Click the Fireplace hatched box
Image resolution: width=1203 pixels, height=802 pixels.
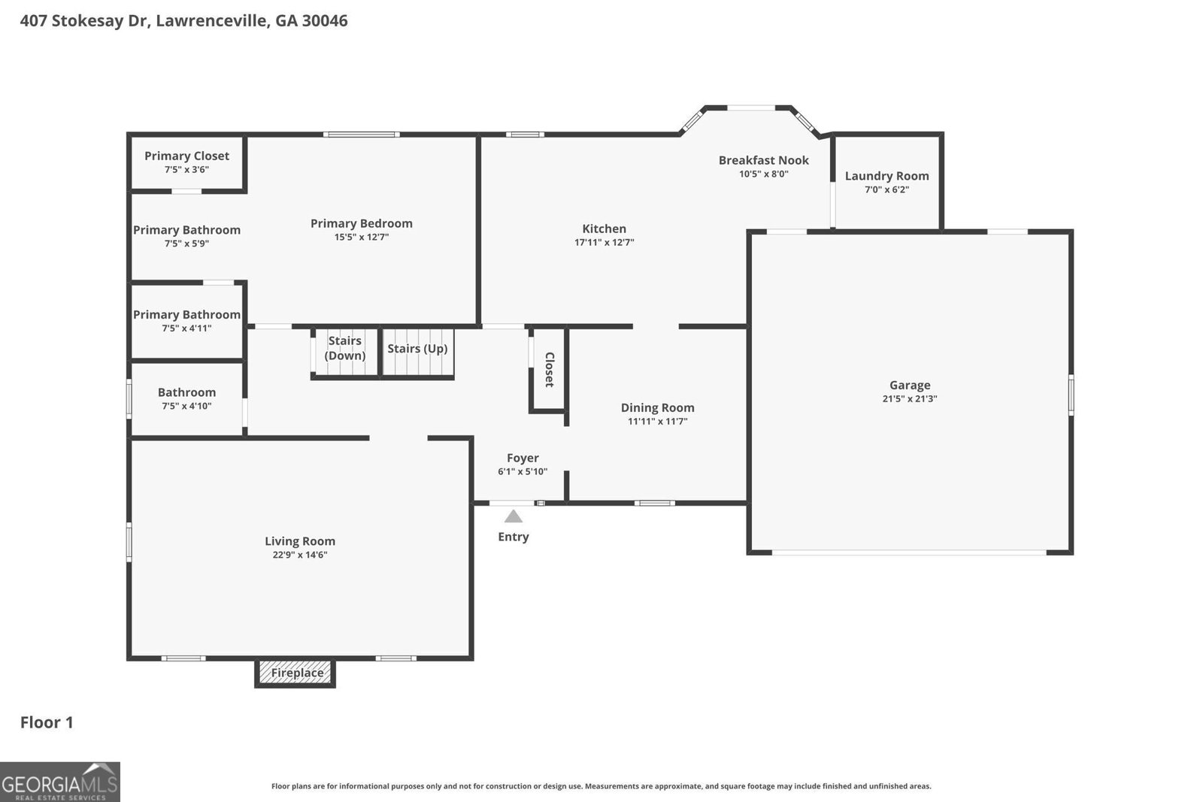[x=295, y=673]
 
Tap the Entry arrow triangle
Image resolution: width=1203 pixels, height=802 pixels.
[x=514, y=516]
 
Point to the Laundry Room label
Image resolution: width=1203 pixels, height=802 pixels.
[x=886, y=176]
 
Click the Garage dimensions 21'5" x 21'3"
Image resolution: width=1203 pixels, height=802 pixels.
[x=909, y=399]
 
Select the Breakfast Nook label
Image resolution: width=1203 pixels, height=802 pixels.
[x=763, y=160]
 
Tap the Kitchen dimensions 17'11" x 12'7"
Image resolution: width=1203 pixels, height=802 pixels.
[x=604, y=242]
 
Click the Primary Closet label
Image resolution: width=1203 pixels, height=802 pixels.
[x=186, y=156]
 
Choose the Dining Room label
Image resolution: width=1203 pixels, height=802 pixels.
[x=657, y=407]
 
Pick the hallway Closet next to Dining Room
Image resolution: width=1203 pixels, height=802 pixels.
[x=549, y=370]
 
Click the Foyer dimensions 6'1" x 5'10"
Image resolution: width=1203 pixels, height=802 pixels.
[x=523, y=472]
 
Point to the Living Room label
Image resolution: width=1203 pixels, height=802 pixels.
[x=299, y=541]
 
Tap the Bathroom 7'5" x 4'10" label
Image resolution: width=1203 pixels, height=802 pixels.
[x=186, y=392]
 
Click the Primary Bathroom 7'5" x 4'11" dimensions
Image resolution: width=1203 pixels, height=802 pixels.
[x=186, y=328]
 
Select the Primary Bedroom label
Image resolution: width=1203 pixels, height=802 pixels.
[x=361, y=223]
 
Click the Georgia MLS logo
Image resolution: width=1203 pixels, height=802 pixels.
[x=59, y=782]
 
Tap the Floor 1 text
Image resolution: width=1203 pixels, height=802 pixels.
[x=47, y=722]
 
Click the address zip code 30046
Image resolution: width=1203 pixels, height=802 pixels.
[x=324, y=20]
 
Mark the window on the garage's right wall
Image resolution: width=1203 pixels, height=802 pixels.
[x=1071, y=395]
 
